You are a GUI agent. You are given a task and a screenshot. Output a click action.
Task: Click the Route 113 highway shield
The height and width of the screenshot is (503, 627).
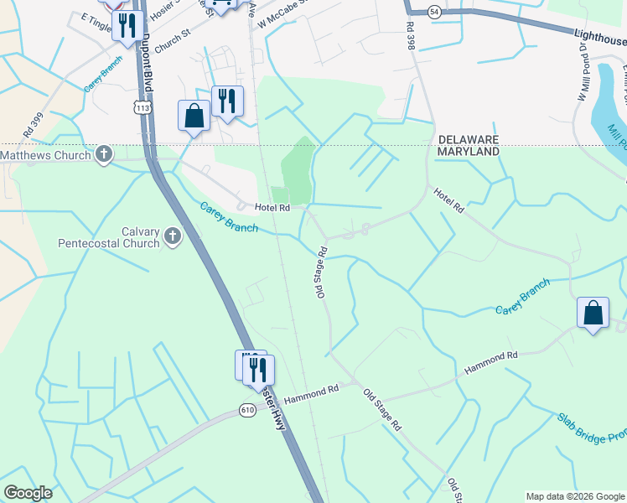point(143,107)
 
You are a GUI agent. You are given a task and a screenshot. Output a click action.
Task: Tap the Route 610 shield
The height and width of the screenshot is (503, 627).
point(246,409)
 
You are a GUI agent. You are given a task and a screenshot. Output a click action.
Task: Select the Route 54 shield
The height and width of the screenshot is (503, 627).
point(433,12)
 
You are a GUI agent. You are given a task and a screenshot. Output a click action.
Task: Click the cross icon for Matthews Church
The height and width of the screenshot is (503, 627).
point(104,154)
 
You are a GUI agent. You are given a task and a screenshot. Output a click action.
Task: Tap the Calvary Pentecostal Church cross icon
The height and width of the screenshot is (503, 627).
point(172,236)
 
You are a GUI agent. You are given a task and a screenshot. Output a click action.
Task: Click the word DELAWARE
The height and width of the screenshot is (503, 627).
point(468,138)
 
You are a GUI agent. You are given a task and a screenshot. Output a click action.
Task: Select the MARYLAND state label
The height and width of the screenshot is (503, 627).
point(468,151)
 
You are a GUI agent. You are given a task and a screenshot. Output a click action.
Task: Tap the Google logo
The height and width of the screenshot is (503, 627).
point(28,493)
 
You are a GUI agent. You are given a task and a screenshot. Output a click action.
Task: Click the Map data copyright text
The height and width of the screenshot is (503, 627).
point(574,496)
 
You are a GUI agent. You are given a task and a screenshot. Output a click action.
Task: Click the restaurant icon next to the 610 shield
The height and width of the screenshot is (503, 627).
point(258,369)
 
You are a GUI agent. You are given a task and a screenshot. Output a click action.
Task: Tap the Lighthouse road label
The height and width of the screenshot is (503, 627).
point(600,38)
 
